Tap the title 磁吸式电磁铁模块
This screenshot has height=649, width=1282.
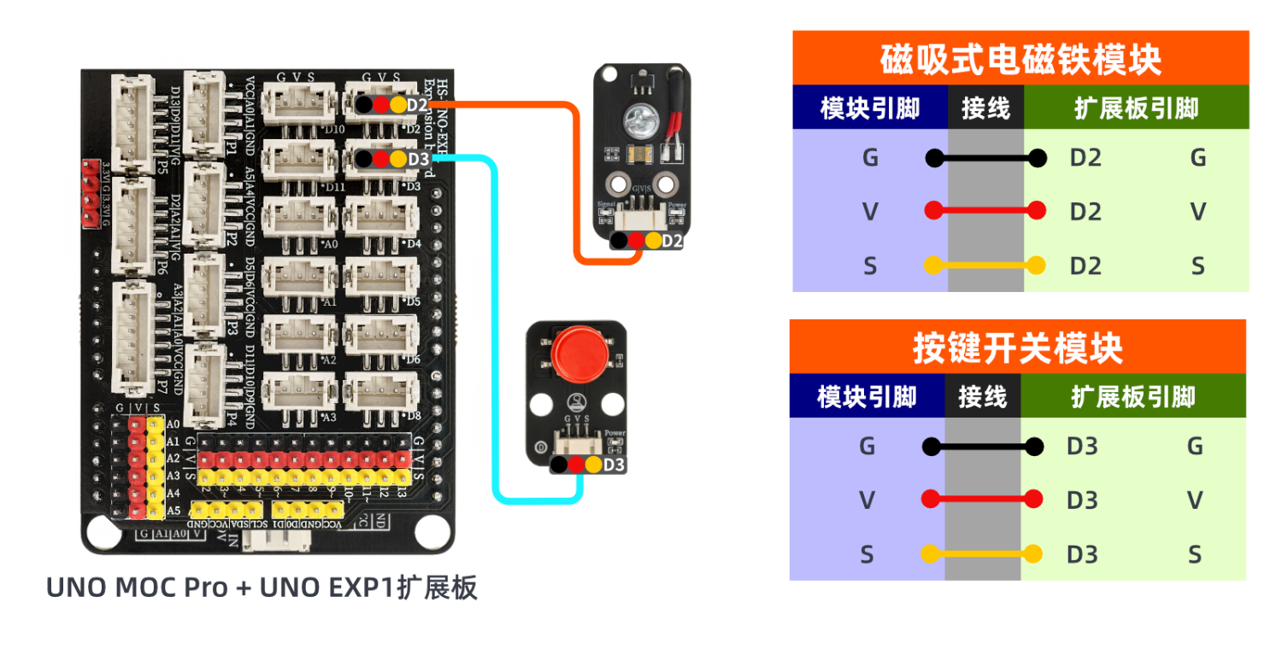coord(1020,59)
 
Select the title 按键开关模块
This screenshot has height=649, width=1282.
coord(1017,348)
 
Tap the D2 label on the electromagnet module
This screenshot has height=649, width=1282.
coord(673,241)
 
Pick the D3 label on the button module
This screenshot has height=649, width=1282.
coord(615,465)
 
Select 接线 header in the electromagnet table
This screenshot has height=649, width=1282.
coord(985,108)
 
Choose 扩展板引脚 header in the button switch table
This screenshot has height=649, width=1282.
coord(1133,396)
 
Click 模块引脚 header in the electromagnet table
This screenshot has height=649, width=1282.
coord(870,108)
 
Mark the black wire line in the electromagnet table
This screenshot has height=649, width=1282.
coord(985,158)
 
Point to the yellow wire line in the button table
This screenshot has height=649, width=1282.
coord(983,554)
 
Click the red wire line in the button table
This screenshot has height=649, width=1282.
coord(983,500)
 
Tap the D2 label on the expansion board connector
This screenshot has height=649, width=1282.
coord(418,105)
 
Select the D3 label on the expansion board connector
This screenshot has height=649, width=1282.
coord(418,159)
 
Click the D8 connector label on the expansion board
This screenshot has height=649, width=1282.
coord(414,416)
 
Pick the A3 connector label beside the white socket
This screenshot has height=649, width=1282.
coord(329,417)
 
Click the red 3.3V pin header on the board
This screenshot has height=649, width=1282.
coord(90,193)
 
